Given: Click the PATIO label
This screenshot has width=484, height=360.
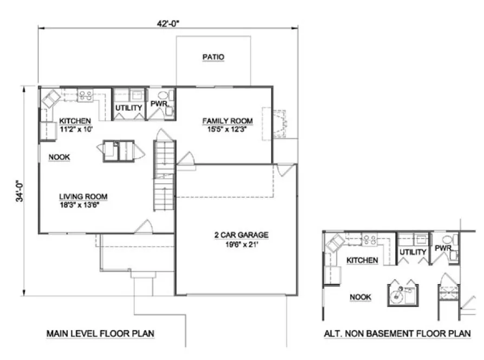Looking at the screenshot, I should click(213, 57).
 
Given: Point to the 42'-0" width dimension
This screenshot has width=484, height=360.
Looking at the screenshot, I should click(167, 23).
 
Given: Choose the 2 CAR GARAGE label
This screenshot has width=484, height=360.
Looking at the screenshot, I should click(240, 235).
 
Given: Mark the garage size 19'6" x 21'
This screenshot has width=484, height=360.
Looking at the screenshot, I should click(240, 243).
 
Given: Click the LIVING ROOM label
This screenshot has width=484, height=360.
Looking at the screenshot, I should click(83, 196).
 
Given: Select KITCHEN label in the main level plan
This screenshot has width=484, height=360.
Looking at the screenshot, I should click(75, 120).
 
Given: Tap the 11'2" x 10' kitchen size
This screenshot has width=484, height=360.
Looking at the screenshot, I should click(75, 129).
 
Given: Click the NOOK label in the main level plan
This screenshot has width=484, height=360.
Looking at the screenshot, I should click(60, 157).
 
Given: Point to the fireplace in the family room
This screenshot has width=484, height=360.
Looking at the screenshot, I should click(279, 124).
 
